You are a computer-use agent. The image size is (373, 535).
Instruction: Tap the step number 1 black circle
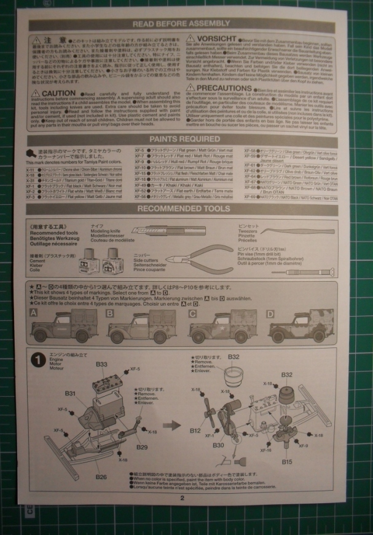point(38,359)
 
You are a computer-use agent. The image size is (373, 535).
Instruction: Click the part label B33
point(101,364)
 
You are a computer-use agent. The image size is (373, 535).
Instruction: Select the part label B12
point(195,430)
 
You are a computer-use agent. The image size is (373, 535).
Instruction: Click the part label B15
point(287,461)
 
